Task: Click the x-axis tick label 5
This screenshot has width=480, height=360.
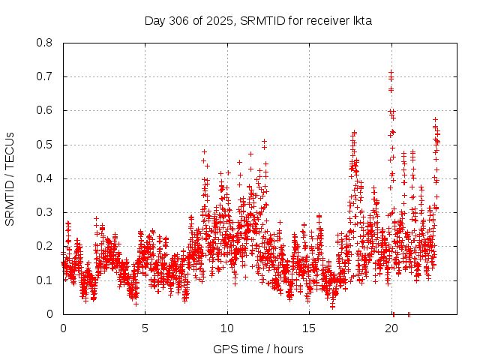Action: point(145,328)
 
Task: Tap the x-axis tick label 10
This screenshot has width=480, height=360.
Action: point(227,328)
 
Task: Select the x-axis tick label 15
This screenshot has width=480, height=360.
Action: point(309,328)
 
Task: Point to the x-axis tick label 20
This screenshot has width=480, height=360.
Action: point(391,328)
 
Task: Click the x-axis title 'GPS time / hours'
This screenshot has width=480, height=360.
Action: point(258,349)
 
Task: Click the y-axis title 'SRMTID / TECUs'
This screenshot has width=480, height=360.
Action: point(10,178)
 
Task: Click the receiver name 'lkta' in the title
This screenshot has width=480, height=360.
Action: point(362,20)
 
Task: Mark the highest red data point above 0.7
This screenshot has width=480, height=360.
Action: point(391,72)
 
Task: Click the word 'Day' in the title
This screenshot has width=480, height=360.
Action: point(154,20)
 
